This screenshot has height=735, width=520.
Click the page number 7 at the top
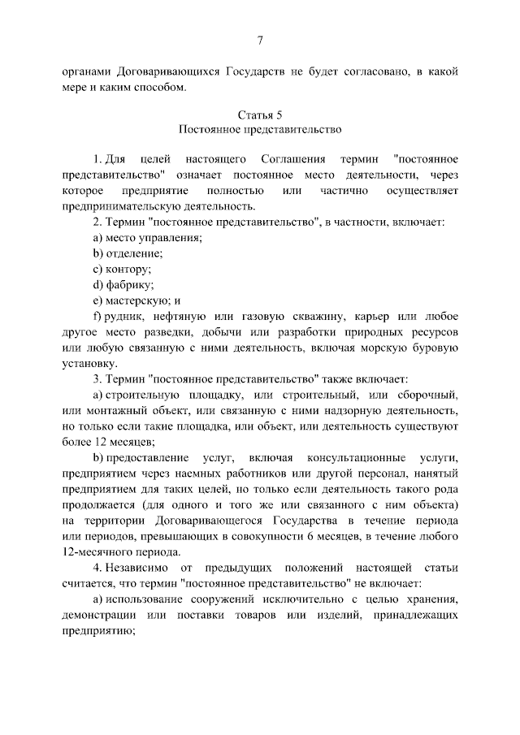point(260,41)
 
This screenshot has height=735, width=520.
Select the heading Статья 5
point(260,114)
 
